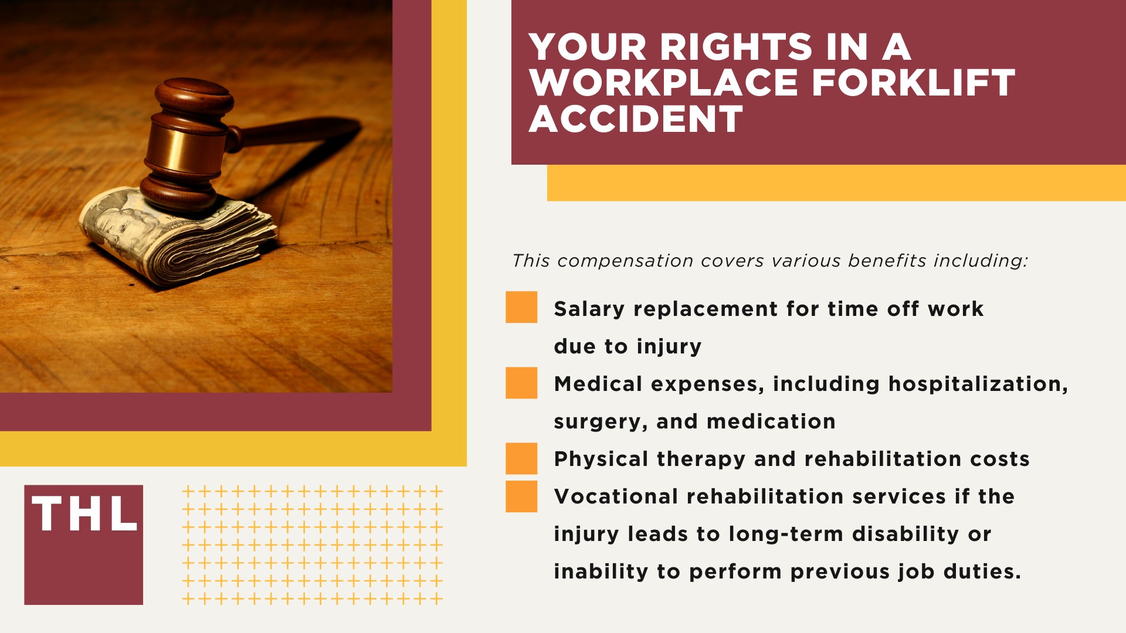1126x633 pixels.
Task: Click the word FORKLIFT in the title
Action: point(913,83)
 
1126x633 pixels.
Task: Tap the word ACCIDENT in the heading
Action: point(636,119)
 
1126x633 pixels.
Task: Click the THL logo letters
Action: point(84,514)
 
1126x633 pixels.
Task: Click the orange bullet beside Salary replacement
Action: point(521,307)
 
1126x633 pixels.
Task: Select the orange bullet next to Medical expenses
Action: point(521,383)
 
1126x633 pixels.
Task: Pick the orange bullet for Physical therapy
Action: point(521,458)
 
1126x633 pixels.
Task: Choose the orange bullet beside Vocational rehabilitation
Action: point(521,496)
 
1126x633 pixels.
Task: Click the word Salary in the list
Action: point(589,309)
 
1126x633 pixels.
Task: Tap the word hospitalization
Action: point(978,384)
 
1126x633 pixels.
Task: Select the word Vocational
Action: point(616,496)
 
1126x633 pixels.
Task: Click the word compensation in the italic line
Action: point(625,261)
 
